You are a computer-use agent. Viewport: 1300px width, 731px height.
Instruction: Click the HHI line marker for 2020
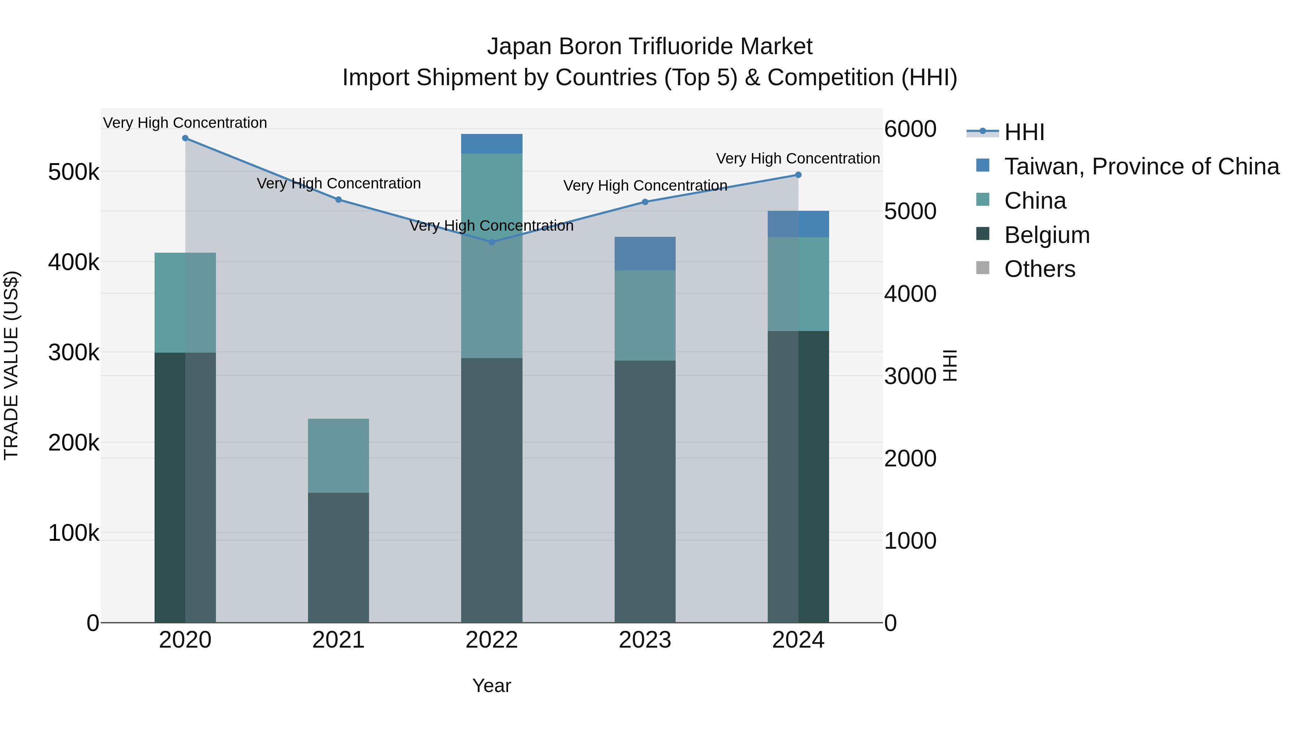point(185,138)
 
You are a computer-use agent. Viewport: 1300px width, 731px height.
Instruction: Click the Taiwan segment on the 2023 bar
point(645,254)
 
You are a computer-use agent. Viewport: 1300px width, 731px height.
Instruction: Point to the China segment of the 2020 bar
point(185,303)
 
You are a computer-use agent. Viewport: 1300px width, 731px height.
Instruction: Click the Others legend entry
point(1040,269)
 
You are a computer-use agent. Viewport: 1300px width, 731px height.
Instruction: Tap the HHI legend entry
point(1024,132)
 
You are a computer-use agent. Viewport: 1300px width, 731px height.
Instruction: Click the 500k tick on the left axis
point(74,173)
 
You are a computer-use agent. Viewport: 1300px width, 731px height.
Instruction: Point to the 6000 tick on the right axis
point(910,129)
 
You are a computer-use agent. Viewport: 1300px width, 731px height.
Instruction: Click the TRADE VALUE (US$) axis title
point(11,365)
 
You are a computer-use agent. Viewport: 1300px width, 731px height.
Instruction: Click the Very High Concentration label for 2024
point(798,158)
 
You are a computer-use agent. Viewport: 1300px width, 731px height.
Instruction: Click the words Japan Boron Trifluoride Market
point(650,47)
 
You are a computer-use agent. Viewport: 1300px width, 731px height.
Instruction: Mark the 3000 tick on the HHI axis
point(910,377)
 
